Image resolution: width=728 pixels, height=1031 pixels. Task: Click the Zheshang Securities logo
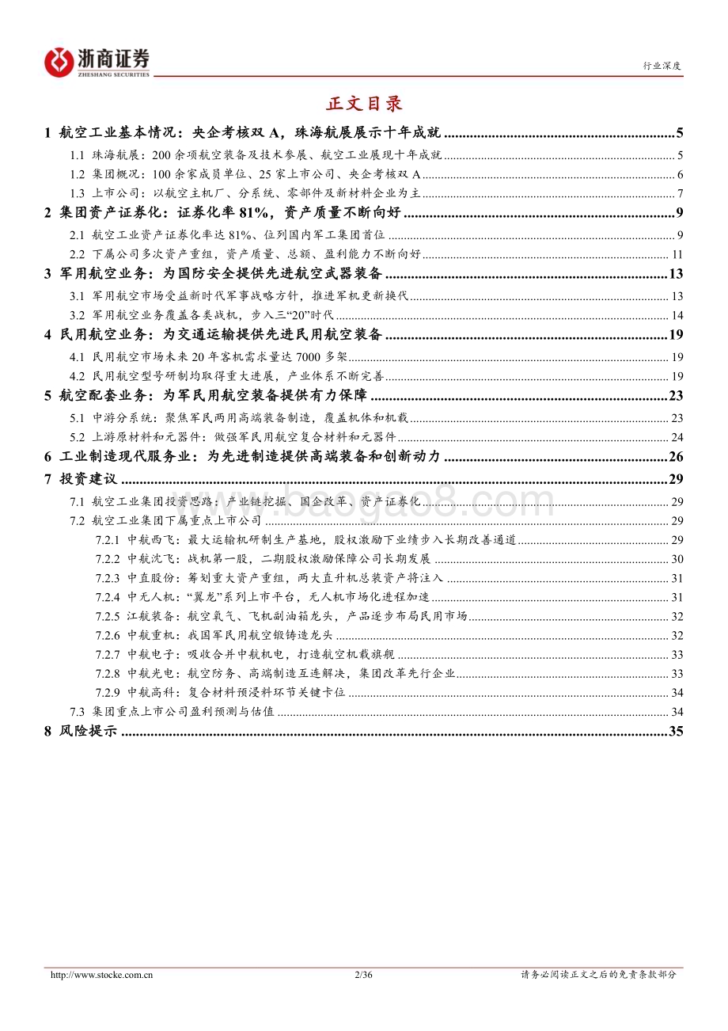coord(97,62)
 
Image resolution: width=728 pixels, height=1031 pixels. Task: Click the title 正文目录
coord(364,103)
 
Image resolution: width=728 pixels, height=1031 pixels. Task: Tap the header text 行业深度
coord(662,67)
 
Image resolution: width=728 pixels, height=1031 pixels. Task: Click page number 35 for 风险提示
coord(675,731)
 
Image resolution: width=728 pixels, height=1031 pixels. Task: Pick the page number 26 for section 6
coord(675,456)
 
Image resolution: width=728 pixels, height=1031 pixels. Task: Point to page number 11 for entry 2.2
coord(677,254)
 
